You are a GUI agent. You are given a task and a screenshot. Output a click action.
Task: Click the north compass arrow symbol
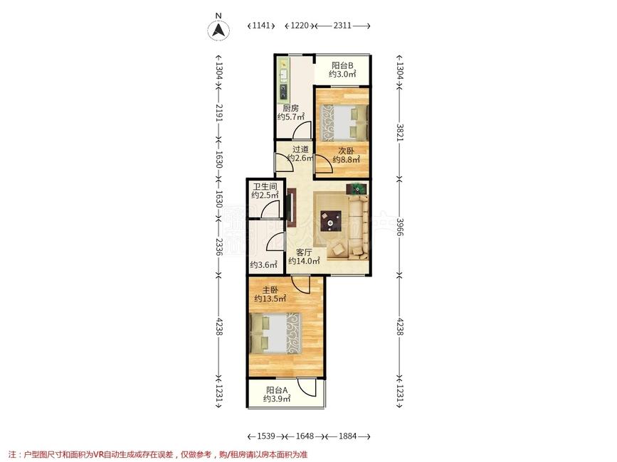(218, 30)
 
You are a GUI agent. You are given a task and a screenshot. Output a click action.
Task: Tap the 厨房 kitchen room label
(290, 108)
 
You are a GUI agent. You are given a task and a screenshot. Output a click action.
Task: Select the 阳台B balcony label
(342, 65)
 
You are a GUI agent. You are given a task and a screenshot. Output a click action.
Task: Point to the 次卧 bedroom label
(347, 151)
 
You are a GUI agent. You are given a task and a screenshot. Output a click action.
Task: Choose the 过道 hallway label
(300, 149)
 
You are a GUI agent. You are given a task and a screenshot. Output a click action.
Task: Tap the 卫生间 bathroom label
(265, 186)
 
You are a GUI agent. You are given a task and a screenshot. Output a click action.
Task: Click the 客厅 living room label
(304, 252)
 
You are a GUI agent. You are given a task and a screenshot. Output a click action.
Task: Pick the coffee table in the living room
(330, 221)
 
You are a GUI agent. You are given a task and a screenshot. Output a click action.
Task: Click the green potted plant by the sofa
(357, 189)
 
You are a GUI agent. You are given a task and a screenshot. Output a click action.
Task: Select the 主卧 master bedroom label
(270, 290)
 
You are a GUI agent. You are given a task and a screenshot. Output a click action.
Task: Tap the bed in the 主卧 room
(275, 333)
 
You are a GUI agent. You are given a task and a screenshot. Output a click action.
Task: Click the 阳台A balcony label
(277, 390)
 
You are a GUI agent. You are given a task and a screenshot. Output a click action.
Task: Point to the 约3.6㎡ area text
(263, 265)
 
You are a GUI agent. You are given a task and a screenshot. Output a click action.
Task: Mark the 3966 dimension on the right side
(400, 227)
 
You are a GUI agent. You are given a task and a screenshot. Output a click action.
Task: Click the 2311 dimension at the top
(342, 26)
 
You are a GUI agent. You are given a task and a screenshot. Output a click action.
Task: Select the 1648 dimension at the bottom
(305, 436)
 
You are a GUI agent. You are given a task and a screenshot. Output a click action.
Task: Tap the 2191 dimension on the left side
(219, 113)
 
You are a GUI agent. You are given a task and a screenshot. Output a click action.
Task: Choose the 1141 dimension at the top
(261, 26)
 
